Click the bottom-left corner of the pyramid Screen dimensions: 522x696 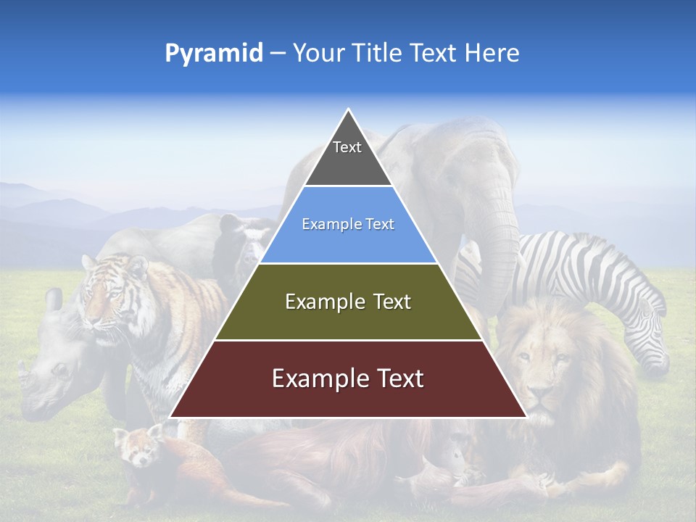coord(171,417)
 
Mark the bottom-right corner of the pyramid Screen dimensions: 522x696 coord(526,417)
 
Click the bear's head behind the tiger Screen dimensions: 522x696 coord(243,239)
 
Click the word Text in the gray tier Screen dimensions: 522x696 coord(347,148)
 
